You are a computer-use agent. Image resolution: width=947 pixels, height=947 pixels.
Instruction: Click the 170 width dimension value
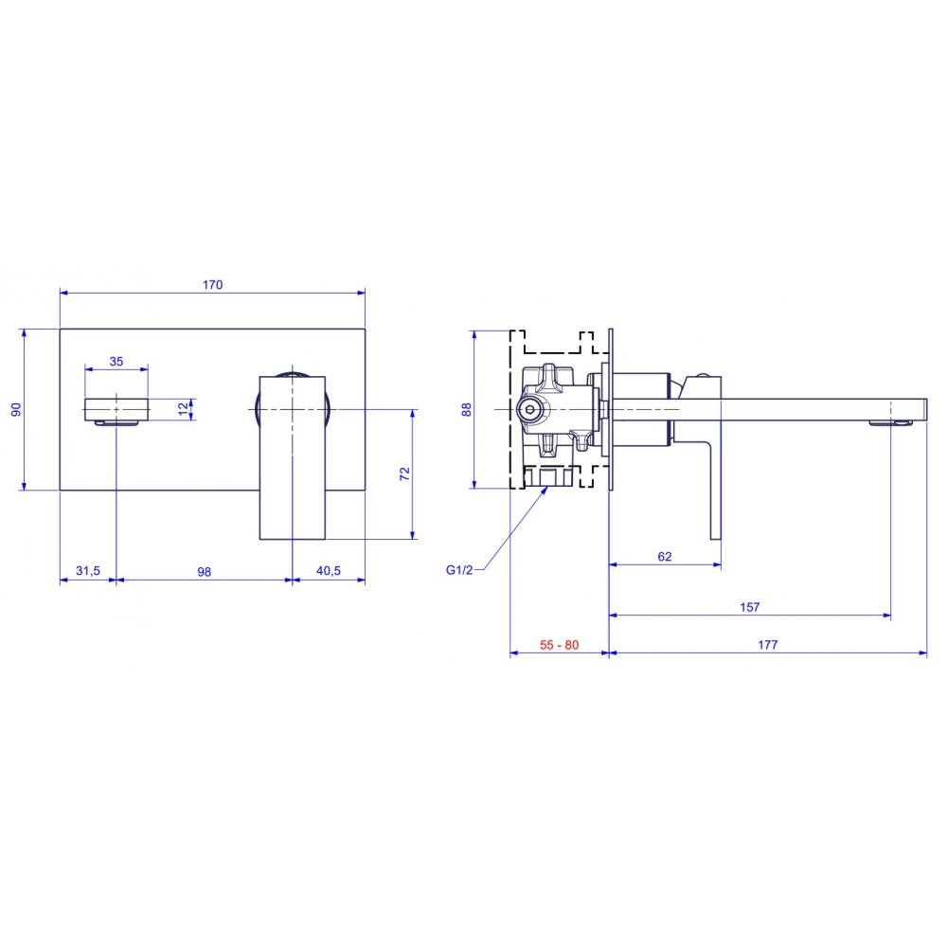click(x=212, y=284)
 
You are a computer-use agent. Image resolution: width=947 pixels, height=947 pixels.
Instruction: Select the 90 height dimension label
click(x=16, y=409)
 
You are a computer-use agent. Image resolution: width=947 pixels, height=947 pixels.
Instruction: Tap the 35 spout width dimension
click(x=116, y=361)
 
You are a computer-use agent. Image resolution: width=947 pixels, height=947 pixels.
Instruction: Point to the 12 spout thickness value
click(x=184, y=409)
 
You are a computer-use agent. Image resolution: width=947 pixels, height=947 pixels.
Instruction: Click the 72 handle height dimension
click(x=404, y=473)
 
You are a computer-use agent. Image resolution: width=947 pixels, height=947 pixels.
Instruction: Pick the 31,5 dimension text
click(x=88, y=570)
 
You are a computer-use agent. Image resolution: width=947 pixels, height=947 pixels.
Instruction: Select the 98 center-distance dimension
click(x=205, y=571)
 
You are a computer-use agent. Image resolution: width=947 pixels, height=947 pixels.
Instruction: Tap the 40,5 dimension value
click(x=329, y=570)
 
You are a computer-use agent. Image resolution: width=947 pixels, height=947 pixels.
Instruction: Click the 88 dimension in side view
click(x=467, y=409)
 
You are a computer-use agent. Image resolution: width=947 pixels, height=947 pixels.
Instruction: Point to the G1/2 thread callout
click(x=459, y=569)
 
